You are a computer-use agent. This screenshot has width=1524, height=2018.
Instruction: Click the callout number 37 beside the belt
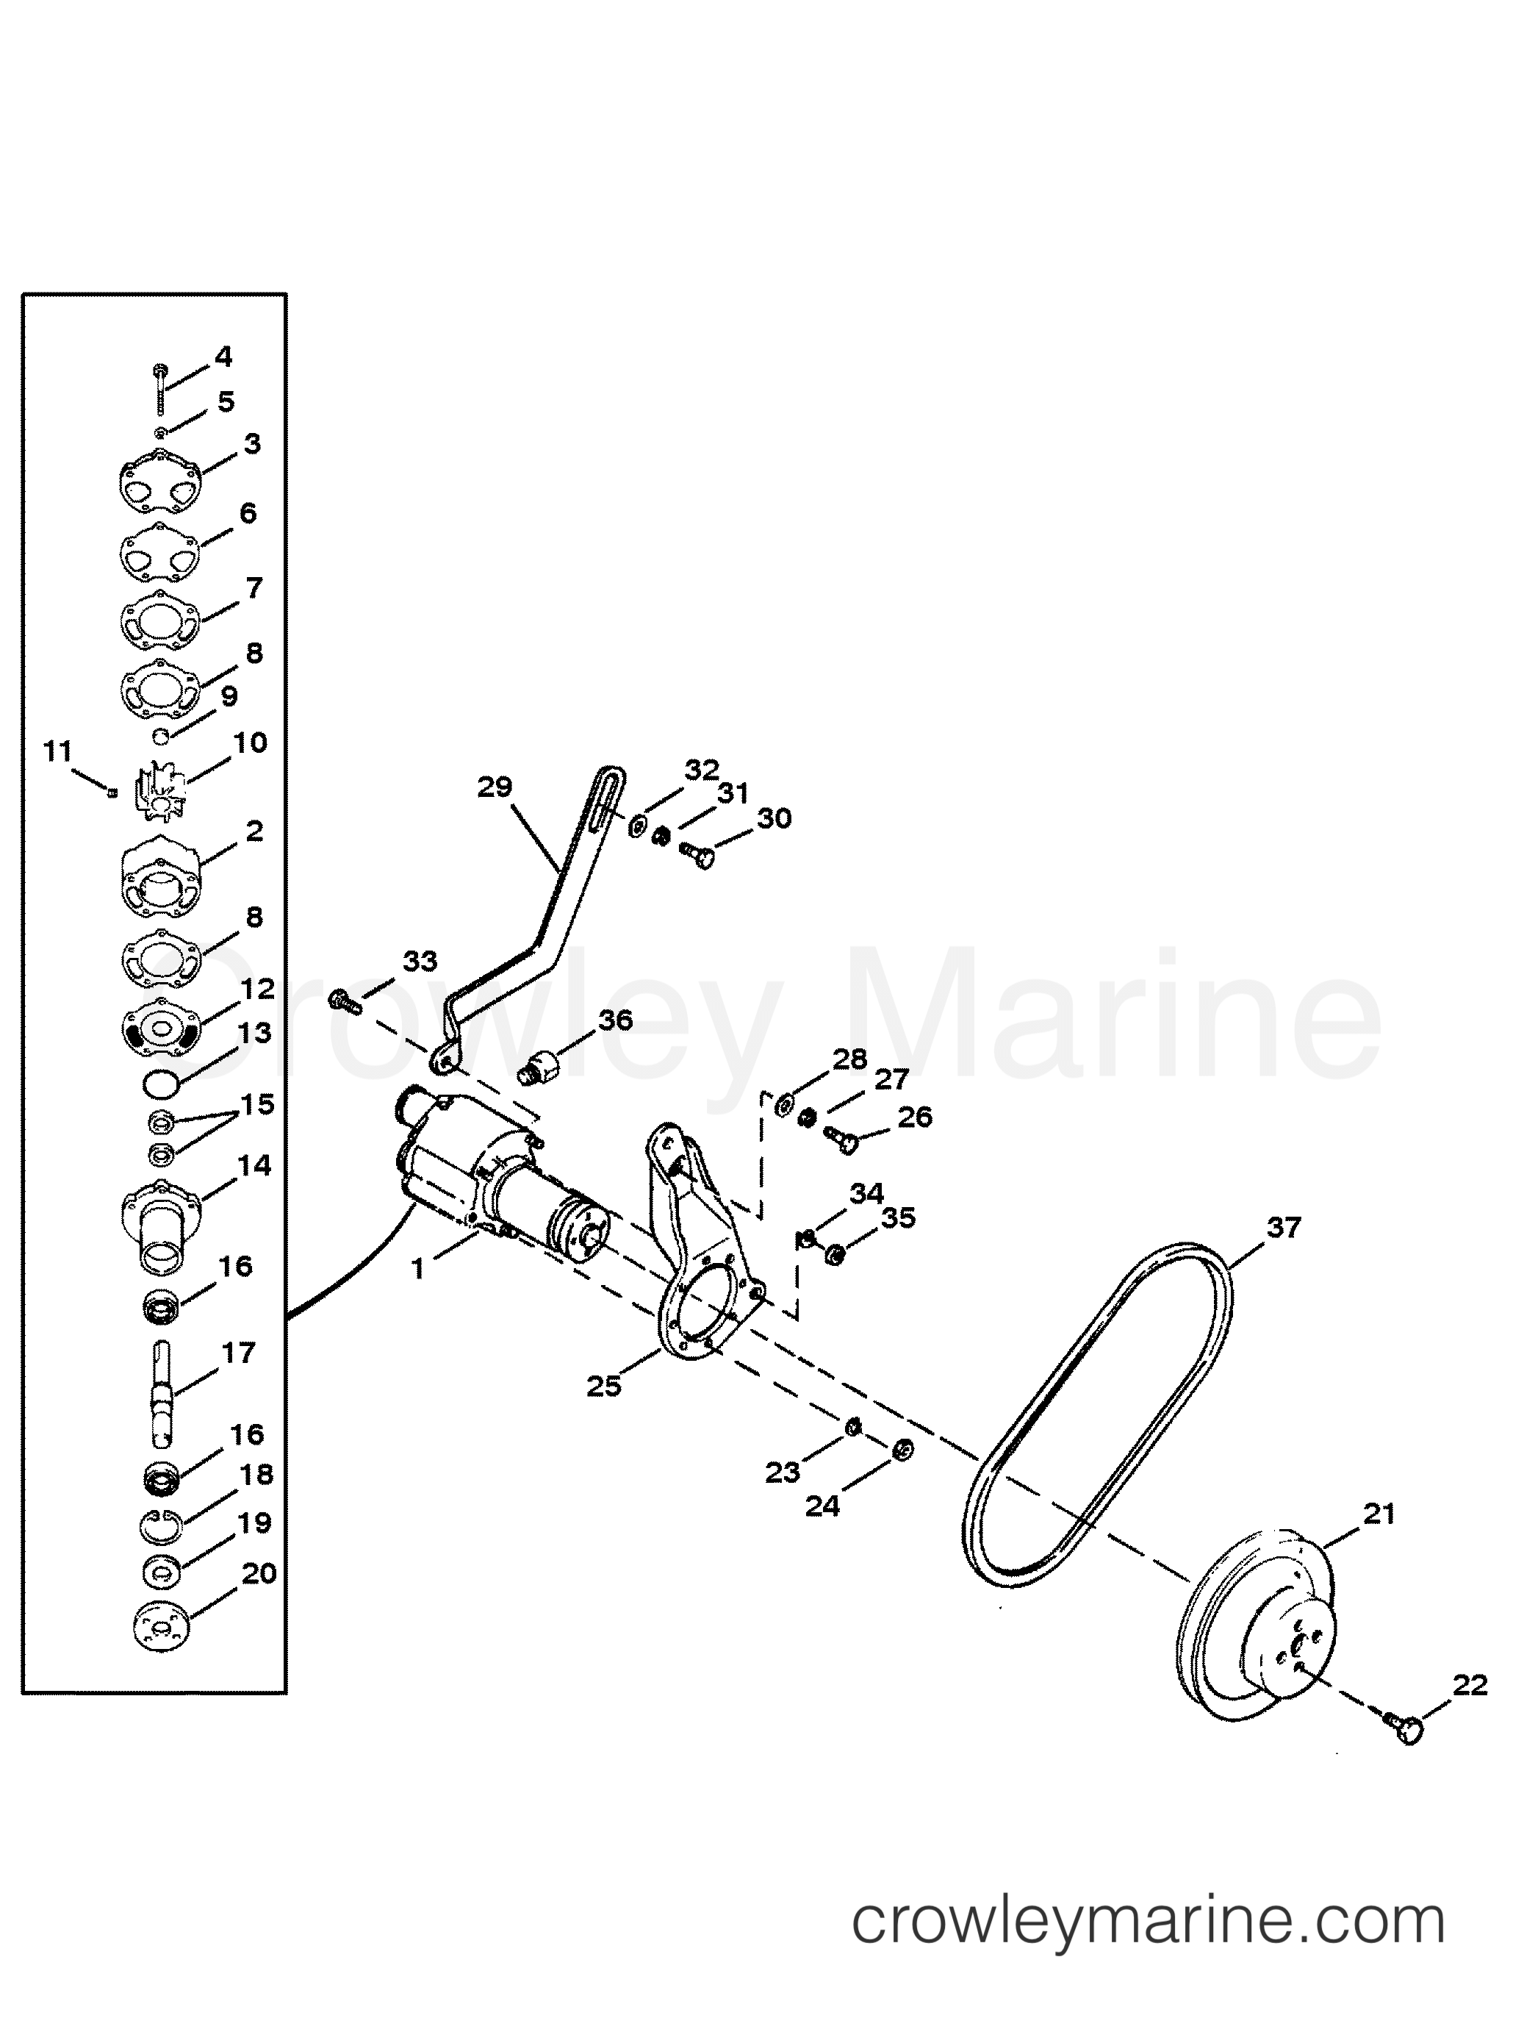[1282, 1228]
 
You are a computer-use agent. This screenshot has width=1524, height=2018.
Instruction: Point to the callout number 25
[604, 1386]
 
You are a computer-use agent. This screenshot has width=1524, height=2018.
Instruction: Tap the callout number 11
[57, 751]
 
